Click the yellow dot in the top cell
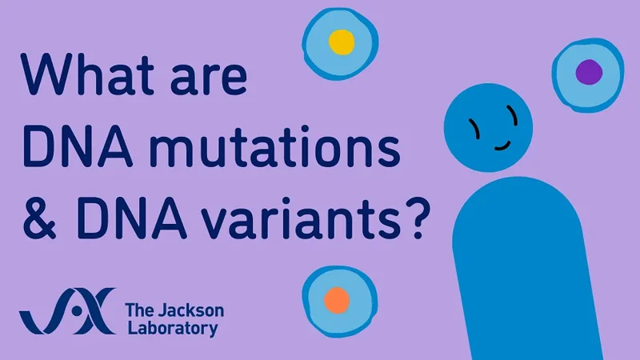341,42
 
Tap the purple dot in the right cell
589,72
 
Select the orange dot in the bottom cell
337,300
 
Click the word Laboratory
170,329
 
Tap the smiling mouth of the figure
503,144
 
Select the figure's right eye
514,120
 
